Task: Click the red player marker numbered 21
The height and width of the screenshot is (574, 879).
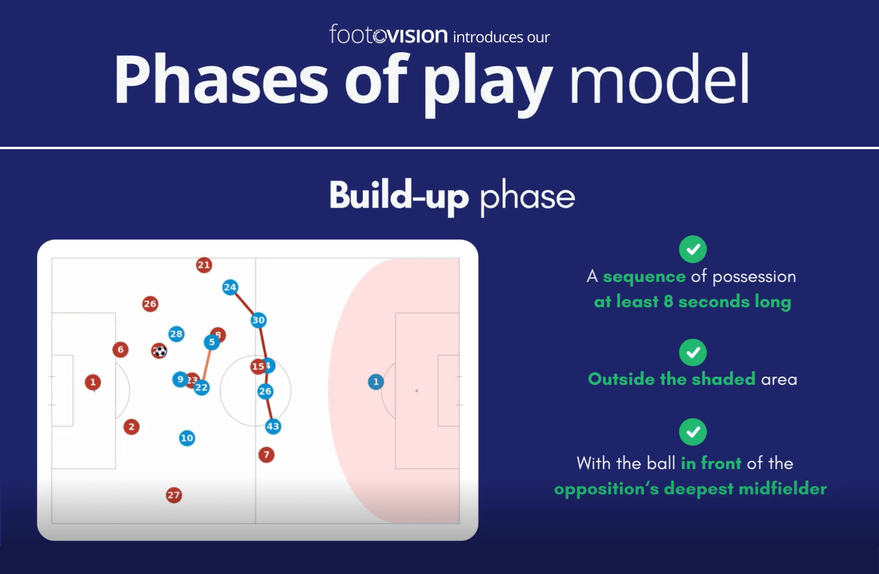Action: point(204,265)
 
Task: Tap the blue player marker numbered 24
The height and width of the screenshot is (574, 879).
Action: point(230,287)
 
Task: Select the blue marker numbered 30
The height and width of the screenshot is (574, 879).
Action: point(258,320)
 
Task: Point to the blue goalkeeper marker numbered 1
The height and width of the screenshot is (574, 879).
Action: point(375,382)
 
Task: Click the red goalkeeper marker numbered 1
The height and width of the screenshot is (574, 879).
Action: point(93,382)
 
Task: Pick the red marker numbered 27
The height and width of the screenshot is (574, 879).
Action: point(174,495)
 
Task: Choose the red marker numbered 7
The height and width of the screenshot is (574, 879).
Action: point(266,454)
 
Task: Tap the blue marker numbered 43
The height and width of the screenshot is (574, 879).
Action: point(273,427)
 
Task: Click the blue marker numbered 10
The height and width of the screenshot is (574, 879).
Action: point(187,438)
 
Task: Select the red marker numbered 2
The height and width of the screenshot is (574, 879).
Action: point(131,427)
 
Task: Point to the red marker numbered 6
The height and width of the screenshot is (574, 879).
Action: point(121,350)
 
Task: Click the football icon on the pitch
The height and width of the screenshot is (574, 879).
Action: point(160,351)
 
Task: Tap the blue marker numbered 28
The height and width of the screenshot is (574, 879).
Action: point(176,334)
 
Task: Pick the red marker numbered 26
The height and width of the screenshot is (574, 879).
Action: point(150,304)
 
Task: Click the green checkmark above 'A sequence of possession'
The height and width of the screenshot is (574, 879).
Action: point(693,249)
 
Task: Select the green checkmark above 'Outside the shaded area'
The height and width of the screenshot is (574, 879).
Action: point(693,352)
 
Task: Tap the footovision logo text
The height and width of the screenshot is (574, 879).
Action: point(388,35)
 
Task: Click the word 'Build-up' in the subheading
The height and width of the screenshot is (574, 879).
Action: point(399,196)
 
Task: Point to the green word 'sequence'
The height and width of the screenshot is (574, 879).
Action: point(644,277)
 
